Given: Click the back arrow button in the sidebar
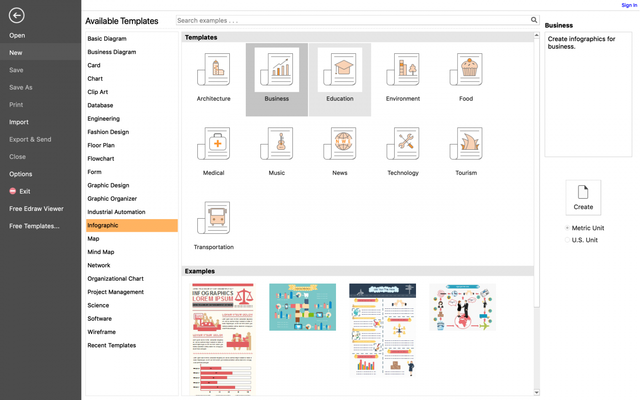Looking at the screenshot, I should coord(16,16).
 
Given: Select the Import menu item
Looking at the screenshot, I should coord(19,122).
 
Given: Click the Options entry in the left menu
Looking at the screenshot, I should coord(21,174).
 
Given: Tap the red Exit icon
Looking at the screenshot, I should coord(13,192).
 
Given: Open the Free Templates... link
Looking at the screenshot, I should coord(34,226).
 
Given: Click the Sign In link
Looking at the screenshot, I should coord(629,5).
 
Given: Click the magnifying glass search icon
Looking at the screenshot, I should coord(534,20).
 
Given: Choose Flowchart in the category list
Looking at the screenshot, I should coord(101,159).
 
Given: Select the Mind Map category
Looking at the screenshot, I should coord(101,252).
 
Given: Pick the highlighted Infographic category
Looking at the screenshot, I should coord(103,225).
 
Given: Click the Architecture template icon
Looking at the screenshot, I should coord(214,70).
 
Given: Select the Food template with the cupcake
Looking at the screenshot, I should coord(466,70).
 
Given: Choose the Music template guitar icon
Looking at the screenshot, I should coord(277,144).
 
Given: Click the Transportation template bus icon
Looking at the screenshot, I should coord(214,218).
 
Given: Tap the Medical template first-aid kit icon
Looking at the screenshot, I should coord(214,144).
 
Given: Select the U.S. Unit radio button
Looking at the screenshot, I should coord(567,240).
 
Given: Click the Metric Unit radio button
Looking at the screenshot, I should coord(567,228).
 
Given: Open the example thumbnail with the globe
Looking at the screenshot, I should coord(462,307).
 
